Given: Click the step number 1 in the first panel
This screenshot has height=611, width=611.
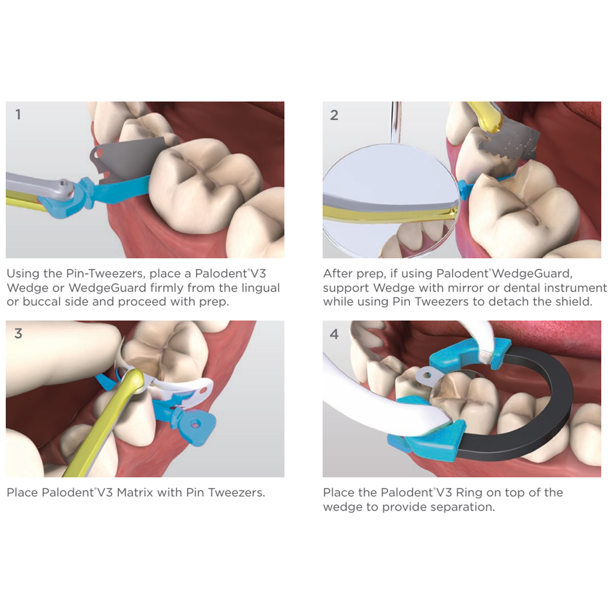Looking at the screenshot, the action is tap(18, 115).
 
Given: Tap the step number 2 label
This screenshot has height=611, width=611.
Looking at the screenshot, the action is tap(334, 115).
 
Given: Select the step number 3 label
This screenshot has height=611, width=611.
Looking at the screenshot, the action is tap(18, 333).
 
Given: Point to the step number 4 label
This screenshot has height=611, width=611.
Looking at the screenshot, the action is tap(334, 334).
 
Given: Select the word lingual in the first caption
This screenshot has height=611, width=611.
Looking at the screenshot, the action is tap(260, 288).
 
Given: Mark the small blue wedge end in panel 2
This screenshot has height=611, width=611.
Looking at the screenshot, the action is tap(463, 189).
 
